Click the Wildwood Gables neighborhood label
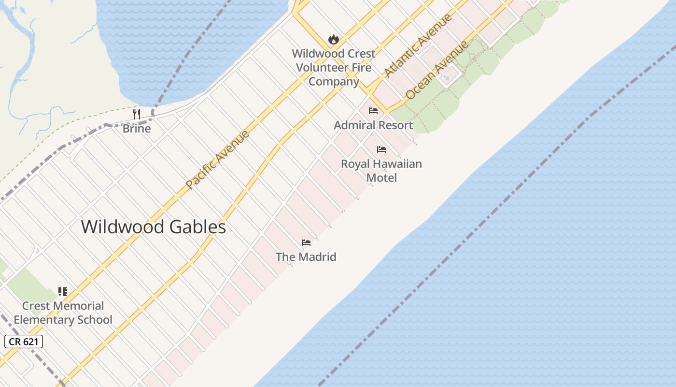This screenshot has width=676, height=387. pos(154,227)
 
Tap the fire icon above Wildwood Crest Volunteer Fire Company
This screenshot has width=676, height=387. pos(333,39)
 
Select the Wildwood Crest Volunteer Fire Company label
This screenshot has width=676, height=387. pos(334,67)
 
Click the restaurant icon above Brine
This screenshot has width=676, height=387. pos(137,114)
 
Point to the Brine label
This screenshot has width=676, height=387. pos(137,129)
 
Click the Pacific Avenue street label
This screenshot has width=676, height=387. pos(218,159)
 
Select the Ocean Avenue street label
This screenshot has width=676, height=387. pos(437,70)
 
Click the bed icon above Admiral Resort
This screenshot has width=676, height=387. pos(373,111)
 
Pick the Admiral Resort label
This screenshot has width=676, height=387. pos(373,125)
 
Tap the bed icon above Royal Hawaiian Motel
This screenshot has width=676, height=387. pos(381,149)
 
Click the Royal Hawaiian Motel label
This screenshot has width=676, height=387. pos(381,171)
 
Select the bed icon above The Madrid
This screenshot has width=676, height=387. pos(306,243)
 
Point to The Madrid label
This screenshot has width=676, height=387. pos(306,257)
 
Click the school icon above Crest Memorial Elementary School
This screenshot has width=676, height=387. pos(63,291)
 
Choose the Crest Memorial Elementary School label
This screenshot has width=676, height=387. pos(63,313)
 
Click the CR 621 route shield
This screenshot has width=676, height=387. pos(24,342)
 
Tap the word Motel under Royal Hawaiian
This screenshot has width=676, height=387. pos(381,178)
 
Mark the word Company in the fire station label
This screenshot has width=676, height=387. pos(334,81)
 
